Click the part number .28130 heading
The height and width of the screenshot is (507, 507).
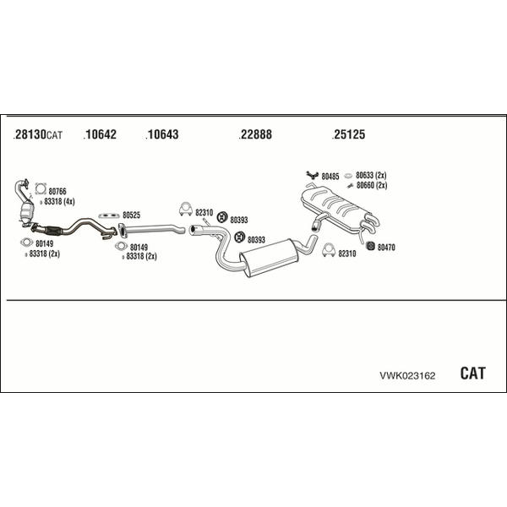click(30, 134)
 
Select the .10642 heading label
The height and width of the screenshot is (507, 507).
click(100, 134)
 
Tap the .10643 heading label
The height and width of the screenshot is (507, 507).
click(162, 134)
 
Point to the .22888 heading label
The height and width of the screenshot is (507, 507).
click(255, 134)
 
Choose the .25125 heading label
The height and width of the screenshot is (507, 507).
click(348, 134)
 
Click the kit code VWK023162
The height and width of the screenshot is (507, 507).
click(407, 376)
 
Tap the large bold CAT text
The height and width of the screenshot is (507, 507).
click(472, 373)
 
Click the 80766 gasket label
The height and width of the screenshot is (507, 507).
click(57, 192)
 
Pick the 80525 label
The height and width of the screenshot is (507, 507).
click(131, 215)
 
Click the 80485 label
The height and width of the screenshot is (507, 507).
click(330, 177)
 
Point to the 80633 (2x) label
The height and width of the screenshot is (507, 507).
click(371, 175)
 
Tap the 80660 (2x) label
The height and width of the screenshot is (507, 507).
click(372, 185)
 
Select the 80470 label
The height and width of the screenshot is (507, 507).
click(386, 248)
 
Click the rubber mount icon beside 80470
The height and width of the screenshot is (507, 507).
click(370, 246)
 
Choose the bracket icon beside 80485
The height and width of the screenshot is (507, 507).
click(313, 175)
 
